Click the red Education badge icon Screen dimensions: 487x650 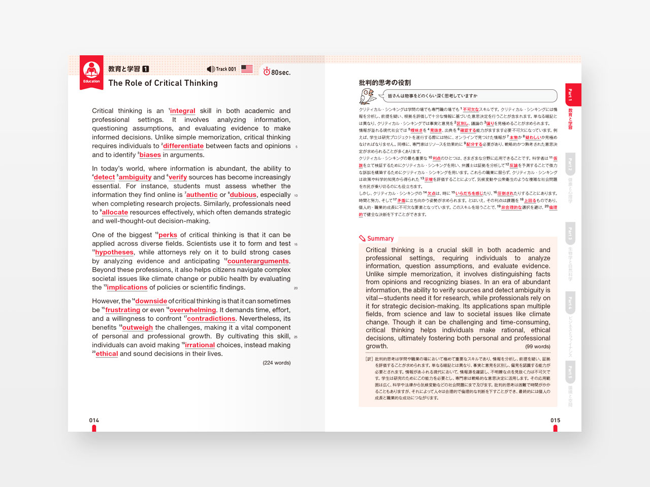[91, 72]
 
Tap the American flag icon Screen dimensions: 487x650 [247, 68]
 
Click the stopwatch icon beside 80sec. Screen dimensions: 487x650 [267, 72]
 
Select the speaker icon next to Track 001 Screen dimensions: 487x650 [211, 69]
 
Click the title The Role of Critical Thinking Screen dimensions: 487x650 [163, 83]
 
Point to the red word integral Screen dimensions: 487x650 [182, 111]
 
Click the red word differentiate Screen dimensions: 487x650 [183, 146]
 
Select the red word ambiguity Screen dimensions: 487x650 [135, 178]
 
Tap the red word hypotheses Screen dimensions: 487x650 [114, 253]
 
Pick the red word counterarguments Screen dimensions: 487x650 [258, 261]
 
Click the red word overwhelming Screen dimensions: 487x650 [192, 310]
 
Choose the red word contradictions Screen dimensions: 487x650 [211, 319]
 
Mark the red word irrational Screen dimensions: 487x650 [200, 345]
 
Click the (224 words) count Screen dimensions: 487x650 [276, 363]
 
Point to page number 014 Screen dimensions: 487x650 [94, 421]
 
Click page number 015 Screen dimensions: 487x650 [555, 421]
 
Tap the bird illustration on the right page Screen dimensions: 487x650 [367, 96]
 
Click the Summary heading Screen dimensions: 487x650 [380, 238]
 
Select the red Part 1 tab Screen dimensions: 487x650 [572, 94]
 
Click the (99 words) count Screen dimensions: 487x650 [537, 346]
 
